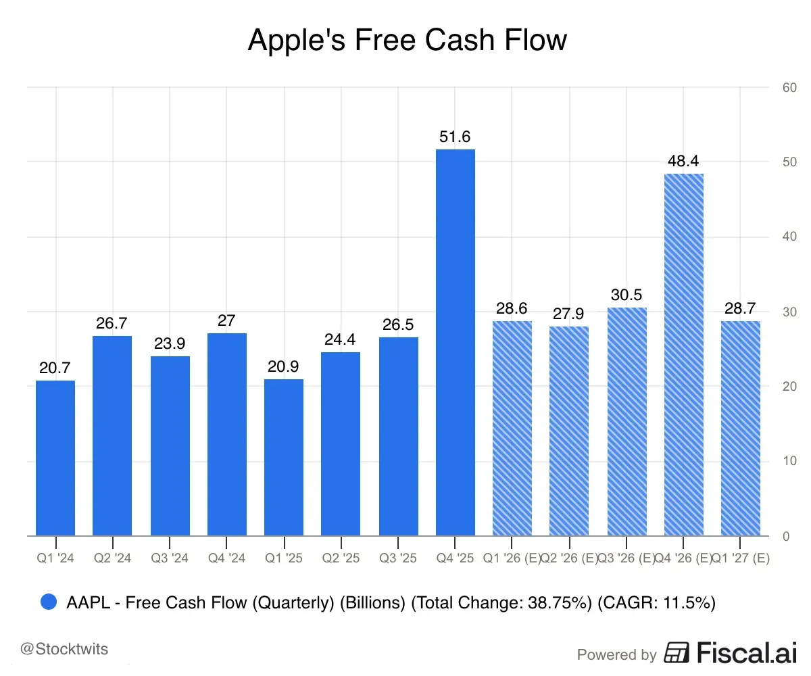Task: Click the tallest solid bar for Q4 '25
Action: click(x=455, y=341)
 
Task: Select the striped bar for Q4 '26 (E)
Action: click(x=683, y=355)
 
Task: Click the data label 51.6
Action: click(x=455, y=137)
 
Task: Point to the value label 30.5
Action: click(x=626, y=295)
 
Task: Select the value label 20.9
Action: click(x=284, y=367)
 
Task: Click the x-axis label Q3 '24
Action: click(x=170, y=558)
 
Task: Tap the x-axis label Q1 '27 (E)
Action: click(x=742, y=558)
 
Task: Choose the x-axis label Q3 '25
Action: click(x=397, y=558)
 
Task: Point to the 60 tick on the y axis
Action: click(x=789, y=87)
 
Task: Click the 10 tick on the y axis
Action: click(x=789, y=461)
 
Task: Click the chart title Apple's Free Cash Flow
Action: click(x=407, y=40)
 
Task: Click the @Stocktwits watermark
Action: click(x=64, y=650)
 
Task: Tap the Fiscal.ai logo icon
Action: click(x=677, y=653)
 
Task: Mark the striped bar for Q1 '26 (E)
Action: click(x=512, y=429)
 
